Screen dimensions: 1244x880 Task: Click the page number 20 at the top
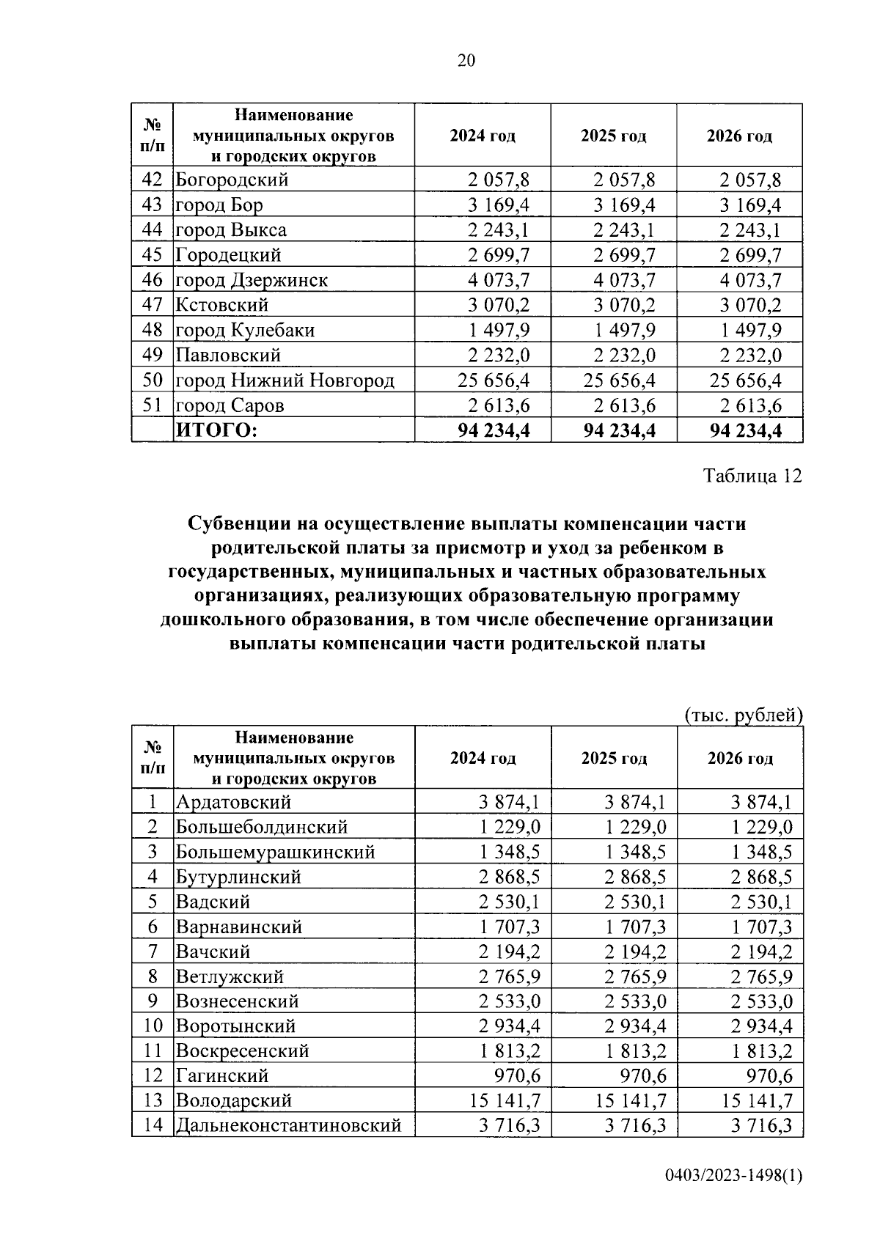466,61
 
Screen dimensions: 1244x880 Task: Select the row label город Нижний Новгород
285,380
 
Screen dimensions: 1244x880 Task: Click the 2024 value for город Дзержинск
498,280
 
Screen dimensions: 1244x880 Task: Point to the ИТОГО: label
216,430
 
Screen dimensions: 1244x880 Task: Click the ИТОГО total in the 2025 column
619,430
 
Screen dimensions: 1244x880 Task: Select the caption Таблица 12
752,476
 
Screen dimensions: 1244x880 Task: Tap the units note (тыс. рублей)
743,715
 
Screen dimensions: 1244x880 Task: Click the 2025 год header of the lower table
614,758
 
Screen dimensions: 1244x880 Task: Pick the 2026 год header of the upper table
739,136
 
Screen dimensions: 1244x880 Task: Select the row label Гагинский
222,1075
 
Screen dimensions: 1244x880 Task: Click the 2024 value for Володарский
504,1100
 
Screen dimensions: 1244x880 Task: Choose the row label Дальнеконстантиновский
288,1125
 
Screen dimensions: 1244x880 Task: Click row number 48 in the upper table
152,330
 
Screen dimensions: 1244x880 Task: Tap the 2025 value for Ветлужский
635,976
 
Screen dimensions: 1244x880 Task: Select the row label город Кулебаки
245,330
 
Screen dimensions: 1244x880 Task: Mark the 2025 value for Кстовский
624,305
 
